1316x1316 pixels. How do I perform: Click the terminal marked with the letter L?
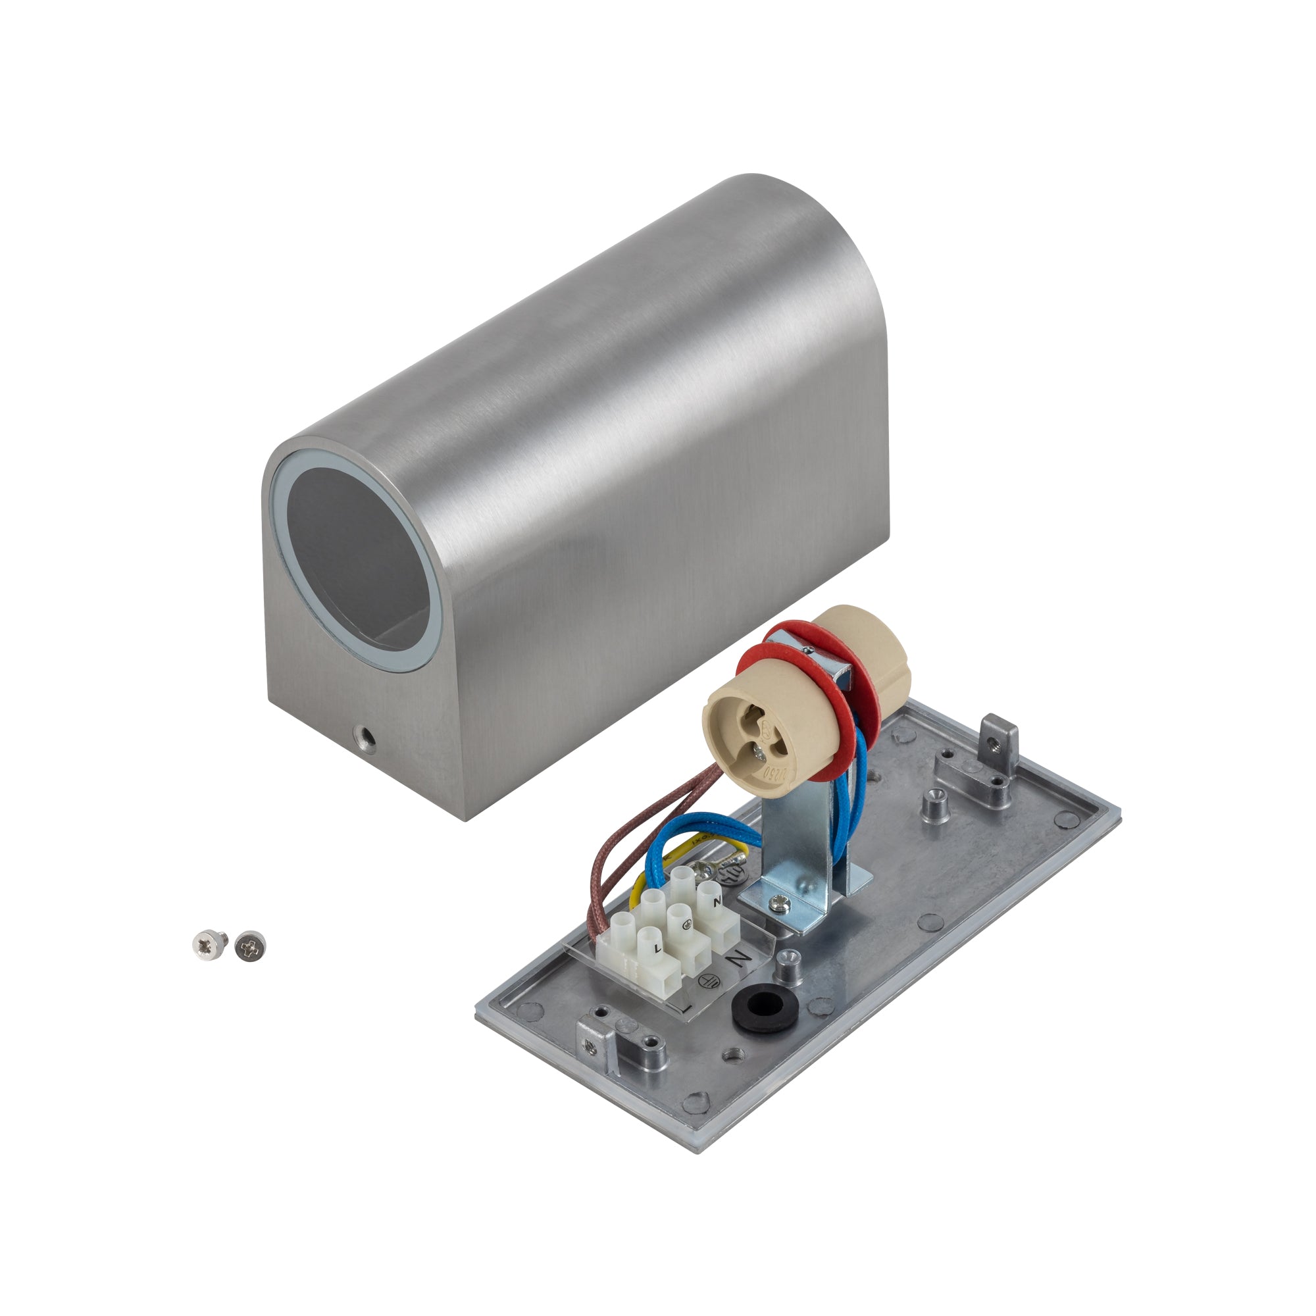coord(657,948)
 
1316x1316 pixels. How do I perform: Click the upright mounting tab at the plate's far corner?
coord(1000,733)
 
